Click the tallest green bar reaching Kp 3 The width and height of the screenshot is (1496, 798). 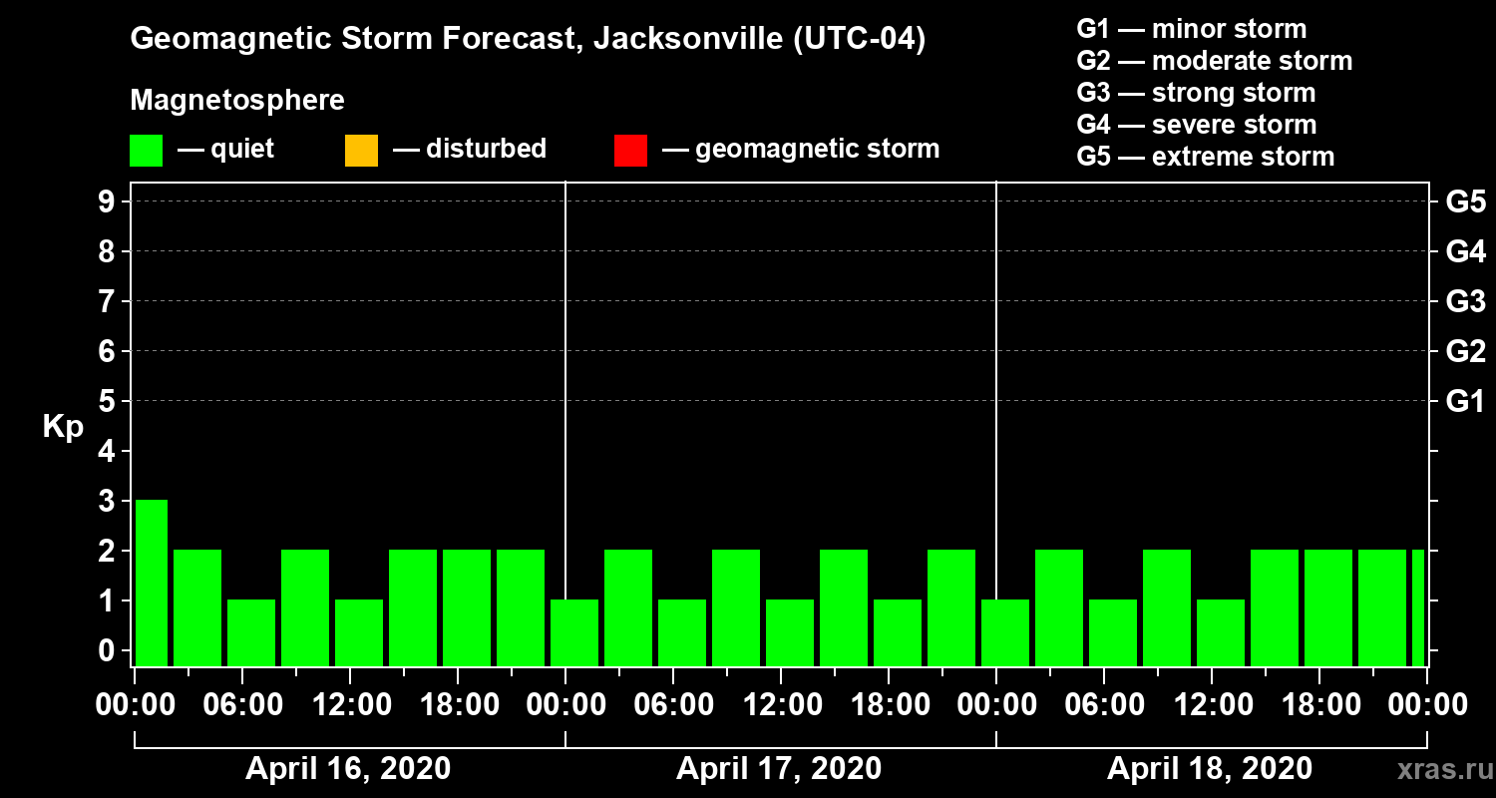(x=152, y=583)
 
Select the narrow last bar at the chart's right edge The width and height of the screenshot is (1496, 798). (x=1418, y=607)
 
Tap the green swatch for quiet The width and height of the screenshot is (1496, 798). (x=146, y=151)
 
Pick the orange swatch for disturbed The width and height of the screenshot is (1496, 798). (x=361, y=151)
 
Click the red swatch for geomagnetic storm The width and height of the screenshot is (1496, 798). (x=630, y=151)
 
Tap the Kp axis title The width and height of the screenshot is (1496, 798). (x=63, y=427)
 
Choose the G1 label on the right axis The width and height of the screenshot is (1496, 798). (x=1465, y=402)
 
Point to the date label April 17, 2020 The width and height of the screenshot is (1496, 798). (x=779, y=769)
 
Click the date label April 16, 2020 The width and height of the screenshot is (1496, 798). (x=348, y=769)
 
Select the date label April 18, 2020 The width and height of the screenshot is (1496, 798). (x=1210, y=769)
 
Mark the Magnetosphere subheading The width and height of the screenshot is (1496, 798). (x=237, y=101)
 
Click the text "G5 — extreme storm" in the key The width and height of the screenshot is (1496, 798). (x=1205, y=157)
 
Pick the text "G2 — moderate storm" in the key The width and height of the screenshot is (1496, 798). (x=1214, y=61)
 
